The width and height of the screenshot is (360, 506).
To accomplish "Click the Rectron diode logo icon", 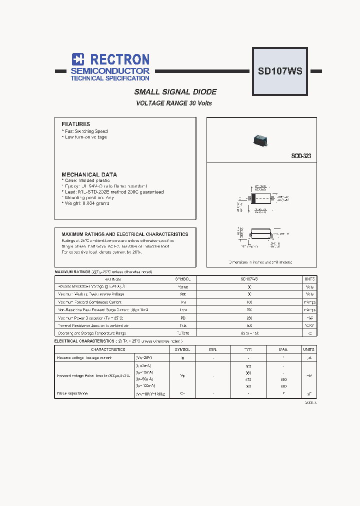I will click(77, 59).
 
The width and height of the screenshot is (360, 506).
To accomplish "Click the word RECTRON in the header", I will click(117, 59).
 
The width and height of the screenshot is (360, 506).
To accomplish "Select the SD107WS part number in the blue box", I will click(279, 71).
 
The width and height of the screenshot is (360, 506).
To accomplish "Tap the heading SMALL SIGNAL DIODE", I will click(175, 92).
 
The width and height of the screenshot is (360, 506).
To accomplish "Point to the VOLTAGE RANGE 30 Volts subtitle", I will click(174, 103).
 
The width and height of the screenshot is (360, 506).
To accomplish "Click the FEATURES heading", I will click(75, 124).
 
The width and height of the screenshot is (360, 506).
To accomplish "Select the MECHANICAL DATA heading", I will click(89, 174).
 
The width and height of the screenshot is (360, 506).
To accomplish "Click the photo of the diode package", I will click(258, 139).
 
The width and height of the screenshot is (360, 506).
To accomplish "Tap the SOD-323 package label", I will click(301, 156).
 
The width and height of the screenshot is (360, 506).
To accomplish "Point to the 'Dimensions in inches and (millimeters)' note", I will click(260, 262).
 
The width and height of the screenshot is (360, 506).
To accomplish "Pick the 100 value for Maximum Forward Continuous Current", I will click(249, 302).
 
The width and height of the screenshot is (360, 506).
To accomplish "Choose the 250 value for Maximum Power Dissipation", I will click(249, 317).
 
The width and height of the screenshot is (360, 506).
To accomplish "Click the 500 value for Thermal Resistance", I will click(249, 325).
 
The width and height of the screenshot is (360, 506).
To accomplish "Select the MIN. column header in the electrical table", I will click(214, 349).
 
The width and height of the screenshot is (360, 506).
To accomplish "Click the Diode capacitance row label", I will click(73, 393).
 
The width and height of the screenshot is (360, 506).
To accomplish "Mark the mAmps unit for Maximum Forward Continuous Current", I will click(309, 302).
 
